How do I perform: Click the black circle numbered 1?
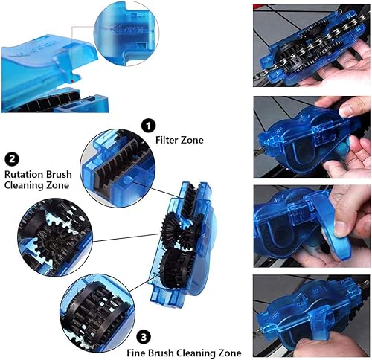[x=148, y=126]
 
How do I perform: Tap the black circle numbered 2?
[x=12, y=159]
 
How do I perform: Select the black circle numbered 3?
[x=144, y=337]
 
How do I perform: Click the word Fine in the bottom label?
[x=135, y=353]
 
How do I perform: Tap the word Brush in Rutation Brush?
[x=57, y=174]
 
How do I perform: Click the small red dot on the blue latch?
[x=72, y=81]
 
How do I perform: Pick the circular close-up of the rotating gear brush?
[x=55, y=237]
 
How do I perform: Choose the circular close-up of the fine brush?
[x=97, y=312]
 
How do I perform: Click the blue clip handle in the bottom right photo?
[x=317, y=319]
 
